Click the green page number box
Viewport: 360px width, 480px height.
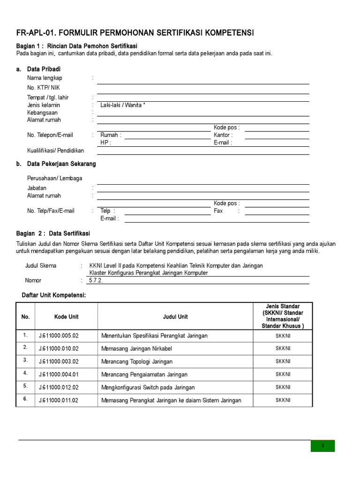pos(322,446)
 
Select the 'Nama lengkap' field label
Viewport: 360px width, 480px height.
pos(45,78)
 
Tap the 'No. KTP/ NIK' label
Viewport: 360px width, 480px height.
pos(44,88)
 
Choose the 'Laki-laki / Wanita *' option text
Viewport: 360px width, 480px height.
pos(123,105)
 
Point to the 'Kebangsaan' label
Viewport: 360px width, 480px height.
pos(42,112)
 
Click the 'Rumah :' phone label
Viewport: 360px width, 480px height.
pos(111,135)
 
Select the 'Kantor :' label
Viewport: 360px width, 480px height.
pos(223,135)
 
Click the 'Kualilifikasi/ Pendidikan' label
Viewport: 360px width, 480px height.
pos(55,150)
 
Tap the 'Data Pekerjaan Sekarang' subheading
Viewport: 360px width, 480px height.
pos(61,164)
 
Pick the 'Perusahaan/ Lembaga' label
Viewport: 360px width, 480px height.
pos(54,178)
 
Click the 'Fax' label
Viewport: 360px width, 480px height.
pos(218,211)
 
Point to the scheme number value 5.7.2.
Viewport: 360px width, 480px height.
pos(95,280)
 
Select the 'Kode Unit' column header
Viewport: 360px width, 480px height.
pos(66,317)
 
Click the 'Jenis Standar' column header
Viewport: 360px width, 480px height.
pos(283,307)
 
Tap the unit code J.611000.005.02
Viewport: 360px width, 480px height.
pos(59,336)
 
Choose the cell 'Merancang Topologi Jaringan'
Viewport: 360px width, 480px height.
pos(137,361)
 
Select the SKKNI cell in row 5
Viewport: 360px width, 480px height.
pos(283,387)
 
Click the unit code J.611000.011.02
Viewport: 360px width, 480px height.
pos(59,400)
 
